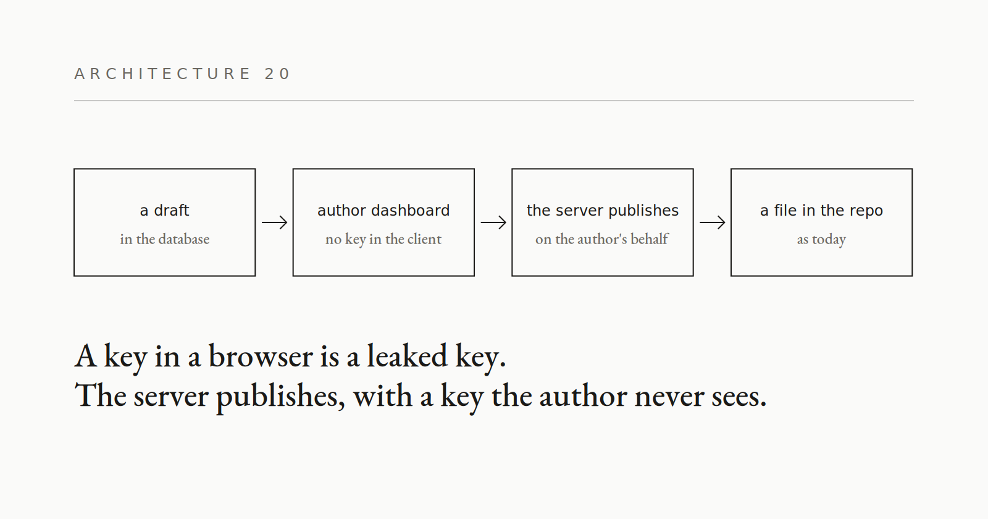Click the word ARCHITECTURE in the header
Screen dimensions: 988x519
162,74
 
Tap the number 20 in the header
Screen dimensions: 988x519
277,74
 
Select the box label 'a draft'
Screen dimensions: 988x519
164,211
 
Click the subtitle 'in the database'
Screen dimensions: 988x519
164,239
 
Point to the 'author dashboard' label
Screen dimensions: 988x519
383,211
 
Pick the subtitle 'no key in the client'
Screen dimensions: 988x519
383,240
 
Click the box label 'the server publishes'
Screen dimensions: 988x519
603,211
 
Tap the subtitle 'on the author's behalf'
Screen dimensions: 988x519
603,239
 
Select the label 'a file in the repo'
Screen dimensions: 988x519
821,211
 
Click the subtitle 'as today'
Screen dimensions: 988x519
821,240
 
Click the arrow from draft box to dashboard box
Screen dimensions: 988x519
274,222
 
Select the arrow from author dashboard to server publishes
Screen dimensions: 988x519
493,222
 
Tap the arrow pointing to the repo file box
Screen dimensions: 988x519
713,222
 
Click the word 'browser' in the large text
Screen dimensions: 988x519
261,356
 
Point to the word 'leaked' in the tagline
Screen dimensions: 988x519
407,356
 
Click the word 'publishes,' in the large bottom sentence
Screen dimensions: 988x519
280,396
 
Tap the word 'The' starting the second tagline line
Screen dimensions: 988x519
100,395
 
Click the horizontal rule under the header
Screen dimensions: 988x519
494,101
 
